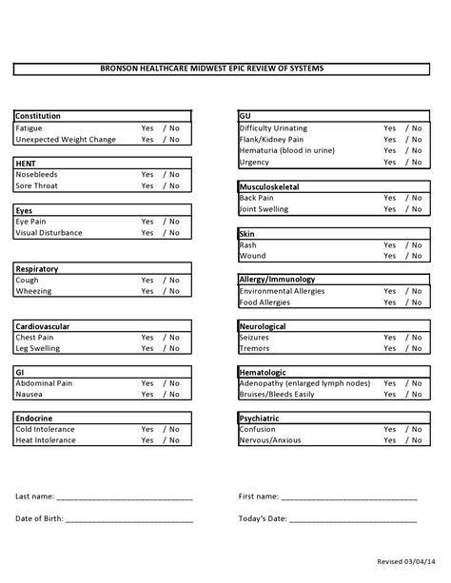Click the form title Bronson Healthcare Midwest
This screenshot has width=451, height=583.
225,68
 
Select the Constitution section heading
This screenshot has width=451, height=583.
38,116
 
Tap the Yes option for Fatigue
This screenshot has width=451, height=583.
147,127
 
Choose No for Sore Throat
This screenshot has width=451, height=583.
174,186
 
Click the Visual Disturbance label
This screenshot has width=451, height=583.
49,233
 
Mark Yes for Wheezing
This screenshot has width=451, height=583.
147,291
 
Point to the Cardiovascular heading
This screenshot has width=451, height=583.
43,326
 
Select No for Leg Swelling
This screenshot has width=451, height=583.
174,349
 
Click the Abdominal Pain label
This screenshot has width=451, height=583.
45,384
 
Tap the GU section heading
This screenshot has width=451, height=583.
245,116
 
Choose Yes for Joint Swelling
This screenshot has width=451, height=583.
390,209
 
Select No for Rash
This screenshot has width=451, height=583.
417,244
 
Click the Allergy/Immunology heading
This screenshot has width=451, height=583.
277,280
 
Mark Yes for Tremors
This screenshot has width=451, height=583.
390,349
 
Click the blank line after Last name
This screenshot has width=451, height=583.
125,498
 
